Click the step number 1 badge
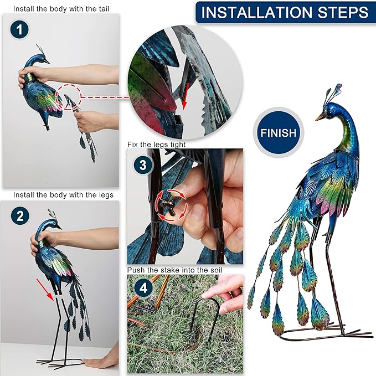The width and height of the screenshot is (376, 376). click(x=19, y=30)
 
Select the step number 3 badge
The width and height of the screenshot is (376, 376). click(x=143, y=164)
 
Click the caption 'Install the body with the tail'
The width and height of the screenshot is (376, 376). click(x=60, y=9)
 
